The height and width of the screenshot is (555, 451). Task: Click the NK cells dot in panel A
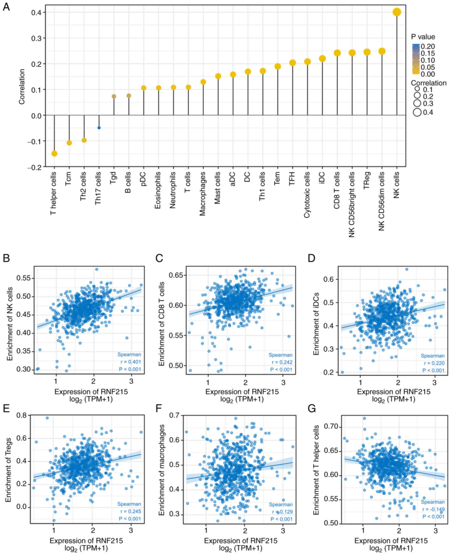(x=396, y=12)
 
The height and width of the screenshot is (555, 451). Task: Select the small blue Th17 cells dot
(x=99, y=128)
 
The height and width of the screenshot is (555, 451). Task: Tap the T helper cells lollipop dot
(x=54, y=154)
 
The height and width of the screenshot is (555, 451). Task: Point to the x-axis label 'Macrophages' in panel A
(x=203, y=194)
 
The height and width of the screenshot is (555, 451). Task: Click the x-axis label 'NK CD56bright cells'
(x=352, y=204)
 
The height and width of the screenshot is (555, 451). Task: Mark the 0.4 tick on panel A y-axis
(x=37, y=12)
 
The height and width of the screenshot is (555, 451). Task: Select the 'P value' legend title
(x=423, y=37)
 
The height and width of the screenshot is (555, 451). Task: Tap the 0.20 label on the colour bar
(x=428, y=46)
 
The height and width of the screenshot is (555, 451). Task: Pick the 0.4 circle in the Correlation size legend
(x=417, y=113)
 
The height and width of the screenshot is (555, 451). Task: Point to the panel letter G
(x=312, y=409)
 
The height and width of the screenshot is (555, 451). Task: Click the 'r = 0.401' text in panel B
(x=129, y=362)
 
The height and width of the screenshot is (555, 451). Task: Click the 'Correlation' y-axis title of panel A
(x=22, y=87)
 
